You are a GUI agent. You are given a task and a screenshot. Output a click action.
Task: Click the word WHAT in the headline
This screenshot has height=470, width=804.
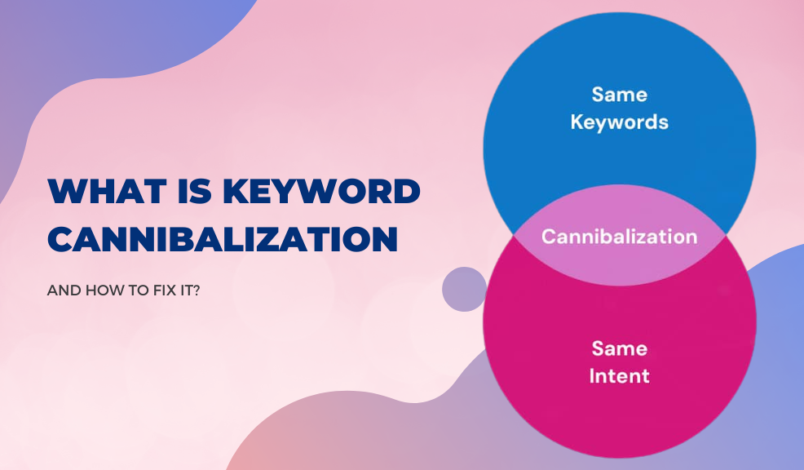click(107, 191)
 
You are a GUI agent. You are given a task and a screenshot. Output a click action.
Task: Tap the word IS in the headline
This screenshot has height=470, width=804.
click(195, 191)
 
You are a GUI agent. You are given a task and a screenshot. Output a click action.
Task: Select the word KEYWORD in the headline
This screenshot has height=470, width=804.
click(321, 191)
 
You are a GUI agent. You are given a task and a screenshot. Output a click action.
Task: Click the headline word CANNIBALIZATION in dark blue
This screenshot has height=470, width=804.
click(223, 239)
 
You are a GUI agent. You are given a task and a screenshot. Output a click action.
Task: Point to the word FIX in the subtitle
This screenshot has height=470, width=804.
click(164, 290)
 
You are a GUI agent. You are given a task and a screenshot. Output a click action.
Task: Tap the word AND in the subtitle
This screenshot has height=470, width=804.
click(64, 290)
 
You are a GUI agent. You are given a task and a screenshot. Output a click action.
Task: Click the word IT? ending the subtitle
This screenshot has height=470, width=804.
click(189, 290)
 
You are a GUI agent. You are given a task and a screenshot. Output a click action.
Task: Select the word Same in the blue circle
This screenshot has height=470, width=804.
click(620, 95)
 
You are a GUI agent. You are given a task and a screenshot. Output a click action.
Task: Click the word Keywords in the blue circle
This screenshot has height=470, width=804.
click(620, 122)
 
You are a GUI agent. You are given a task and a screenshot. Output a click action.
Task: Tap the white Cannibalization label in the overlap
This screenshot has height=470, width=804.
click(620, 237)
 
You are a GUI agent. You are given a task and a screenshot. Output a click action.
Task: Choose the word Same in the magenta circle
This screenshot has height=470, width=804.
click(620, 348)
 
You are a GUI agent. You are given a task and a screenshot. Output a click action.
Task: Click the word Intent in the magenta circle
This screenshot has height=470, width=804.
click(620, 376)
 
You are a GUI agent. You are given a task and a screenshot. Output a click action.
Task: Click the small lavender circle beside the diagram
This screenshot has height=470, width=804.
click(464, 289)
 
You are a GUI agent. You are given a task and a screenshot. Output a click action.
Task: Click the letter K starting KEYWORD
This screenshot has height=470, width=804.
click(236, 191)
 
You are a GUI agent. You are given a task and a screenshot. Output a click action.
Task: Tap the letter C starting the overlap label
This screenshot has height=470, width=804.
click(548, 237)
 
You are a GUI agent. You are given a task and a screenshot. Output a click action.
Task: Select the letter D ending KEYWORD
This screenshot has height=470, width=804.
click(408, 191)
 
